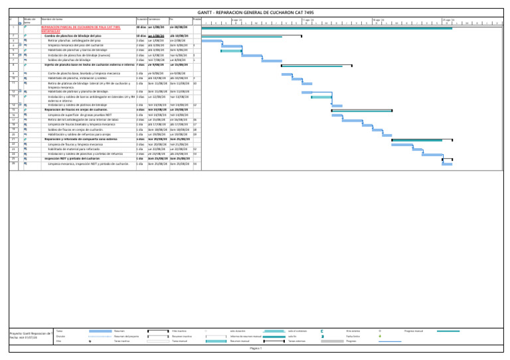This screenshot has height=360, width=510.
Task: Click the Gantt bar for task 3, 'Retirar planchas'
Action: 211,41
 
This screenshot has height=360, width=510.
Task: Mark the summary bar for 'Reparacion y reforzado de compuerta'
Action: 418,139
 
